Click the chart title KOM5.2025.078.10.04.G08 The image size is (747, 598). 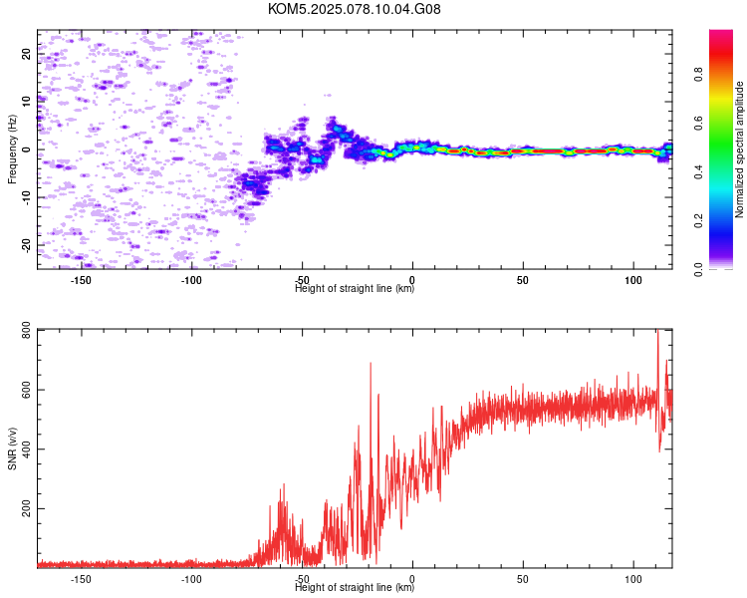[354, 9]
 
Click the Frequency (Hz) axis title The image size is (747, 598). [12, 149]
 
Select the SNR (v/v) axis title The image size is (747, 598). [12, 448]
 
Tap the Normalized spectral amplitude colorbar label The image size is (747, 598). [739, 149]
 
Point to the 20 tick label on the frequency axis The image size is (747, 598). [26, 54]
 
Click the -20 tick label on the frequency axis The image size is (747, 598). [26, 245]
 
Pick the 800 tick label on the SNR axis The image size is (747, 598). [26, 330]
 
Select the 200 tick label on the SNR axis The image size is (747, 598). [26, 509]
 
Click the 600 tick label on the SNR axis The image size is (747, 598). [26, 390]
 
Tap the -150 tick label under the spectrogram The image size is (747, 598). [81, 280]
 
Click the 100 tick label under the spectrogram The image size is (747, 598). [633, 280]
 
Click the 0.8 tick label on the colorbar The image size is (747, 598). [698, 75]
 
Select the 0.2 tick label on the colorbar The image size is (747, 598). [698, 221]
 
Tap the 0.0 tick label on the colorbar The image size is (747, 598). [698, 270]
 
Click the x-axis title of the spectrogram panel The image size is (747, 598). [355, 288]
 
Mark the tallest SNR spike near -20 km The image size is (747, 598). [371, 364]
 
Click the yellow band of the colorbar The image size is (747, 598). [721, 98]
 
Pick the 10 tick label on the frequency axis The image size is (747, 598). [26, 102]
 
